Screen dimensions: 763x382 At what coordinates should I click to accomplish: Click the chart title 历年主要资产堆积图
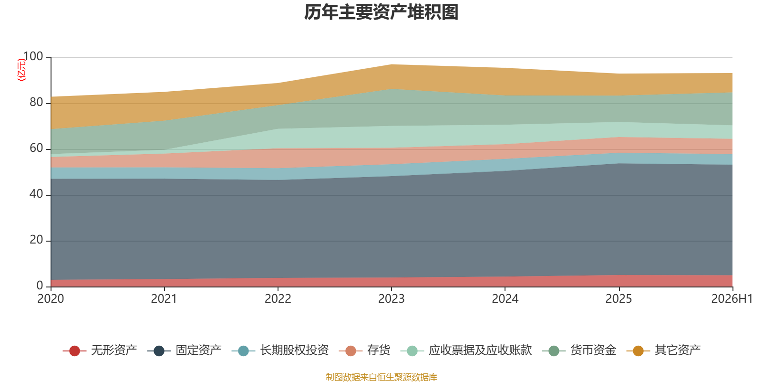click(x=381, y=12)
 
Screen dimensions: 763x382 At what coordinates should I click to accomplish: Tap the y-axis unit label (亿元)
click(x=21, y=70)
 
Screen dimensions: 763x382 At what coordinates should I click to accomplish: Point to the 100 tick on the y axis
click(x=33, y=56)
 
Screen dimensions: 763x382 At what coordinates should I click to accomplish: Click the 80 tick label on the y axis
click(x=36, y=102)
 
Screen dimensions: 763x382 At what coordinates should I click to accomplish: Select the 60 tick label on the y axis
click(x=36, y=148)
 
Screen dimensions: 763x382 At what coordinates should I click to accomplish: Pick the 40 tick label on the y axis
click(x=36, y=194)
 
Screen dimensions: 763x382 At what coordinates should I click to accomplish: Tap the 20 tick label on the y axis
click(x=36, y=240)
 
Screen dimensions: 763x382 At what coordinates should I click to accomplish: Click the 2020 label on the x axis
click(x=51, y=299)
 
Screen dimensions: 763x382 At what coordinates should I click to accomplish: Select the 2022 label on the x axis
click(x=278, y=299)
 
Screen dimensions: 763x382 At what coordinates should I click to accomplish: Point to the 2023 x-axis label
click(x=392, y=299)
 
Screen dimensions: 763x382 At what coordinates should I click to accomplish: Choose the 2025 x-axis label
click(x=619, y=299)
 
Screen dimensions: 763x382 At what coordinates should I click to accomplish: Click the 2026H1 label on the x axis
click(x=732, y=299)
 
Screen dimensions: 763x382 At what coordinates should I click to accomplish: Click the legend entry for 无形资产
click(x=100, y=350)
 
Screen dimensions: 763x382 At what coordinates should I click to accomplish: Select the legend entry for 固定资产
click(x=184, y=350)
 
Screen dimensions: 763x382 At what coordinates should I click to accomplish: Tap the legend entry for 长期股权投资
click(x=280, y=350)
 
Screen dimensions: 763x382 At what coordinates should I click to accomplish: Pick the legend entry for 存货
click(x=364, y=350)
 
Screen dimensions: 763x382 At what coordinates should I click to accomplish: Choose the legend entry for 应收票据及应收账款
click(x=466, y=350)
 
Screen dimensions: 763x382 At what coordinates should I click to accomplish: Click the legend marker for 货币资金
click(x=554, y=350)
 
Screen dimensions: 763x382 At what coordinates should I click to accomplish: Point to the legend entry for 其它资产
click(x=663, y=350)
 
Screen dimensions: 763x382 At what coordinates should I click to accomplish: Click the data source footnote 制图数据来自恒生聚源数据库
click(x=381, y=377)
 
